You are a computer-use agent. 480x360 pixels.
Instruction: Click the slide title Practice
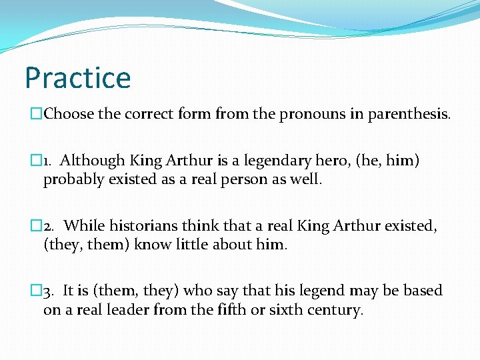tap(77, 77)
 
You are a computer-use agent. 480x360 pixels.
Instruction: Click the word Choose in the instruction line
tap(69, 114)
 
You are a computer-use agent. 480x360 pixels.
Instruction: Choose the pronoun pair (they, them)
tap(87, 245)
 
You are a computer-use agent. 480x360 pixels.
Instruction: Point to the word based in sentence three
tap(423, 291)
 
